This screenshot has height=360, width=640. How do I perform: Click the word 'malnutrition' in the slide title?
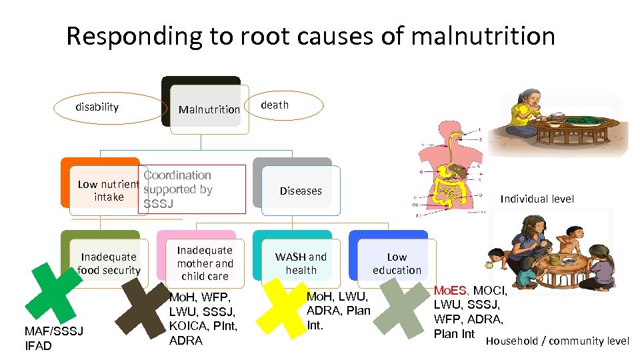483,36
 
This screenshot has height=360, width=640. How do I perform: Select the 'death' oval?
284,105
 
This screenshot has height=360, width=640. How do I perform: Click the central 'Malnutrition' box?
209,109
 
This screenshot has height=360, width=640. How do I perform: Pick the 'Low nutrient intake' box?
107,190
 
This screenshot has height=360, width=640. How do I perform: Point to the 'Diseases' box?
300,191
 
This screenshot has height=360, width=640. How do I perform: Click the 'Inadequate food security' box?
109,263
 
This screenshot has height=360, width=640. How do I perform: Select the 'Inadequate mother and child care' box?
205,263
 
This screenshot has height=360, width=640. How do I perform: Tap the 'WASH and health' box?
301,263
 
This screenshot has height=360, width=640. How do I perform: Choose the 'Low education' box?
397,263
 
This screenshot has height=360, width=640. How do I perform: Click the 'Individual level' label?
537,199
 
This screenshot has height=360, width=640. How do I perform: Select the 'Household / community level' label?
557,341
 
